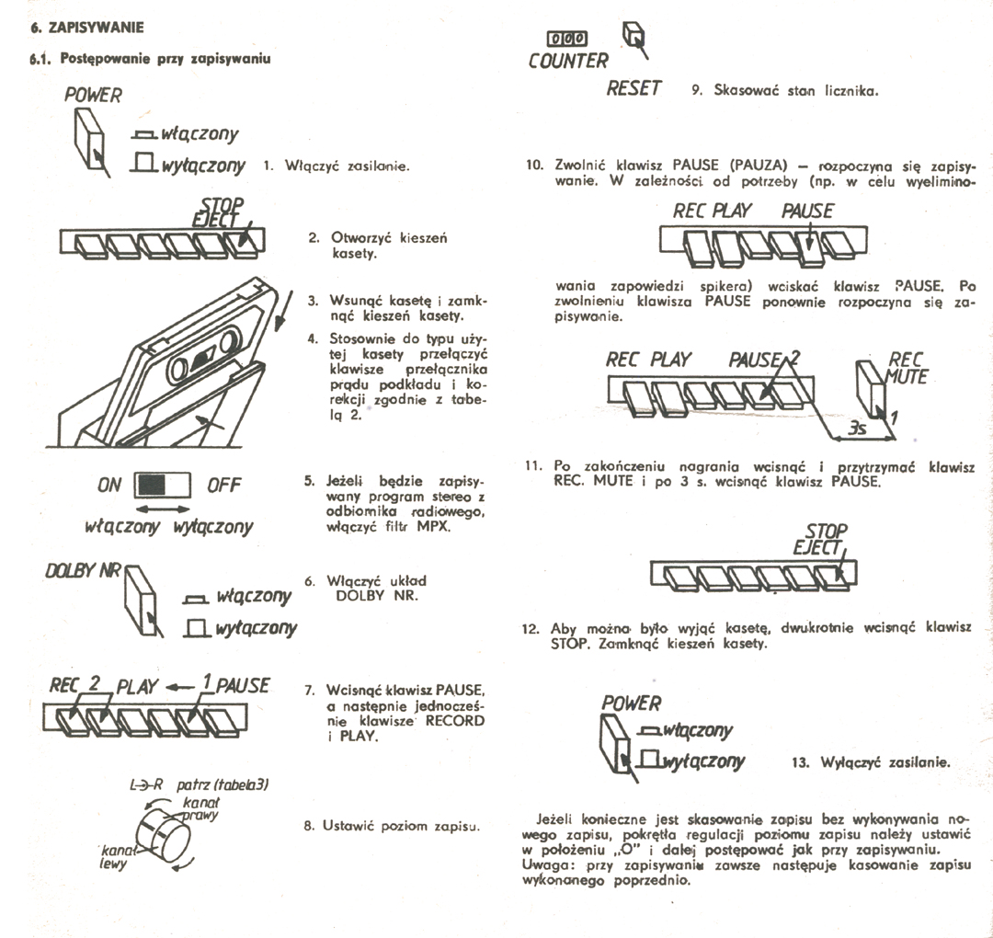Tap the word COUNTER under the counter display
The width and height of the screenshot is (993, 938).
coord(568,61)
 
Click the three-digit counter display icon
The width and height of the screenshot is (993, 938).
coord(567,39)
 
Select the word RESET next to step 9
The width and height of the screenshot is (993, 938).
coord(633,88)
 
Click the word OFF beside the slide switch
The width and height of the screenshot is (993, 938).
coord(223,485)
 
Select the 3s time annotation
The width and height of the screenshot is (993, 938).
coord(858,428)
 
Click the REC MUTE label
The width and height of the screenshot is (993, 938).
coord(907,368)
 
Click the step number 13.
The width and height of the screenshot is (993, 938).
coord(800,762)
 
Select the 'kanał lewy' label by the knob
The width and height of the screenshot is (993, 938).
coord(114,857)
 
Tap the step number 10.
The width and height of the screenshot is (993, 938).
coord(534,165)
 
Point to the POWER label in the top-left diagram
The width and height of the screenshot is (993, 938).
coord(93,95)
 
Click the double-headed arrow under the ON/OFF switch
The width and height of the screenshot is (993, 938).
coord(164,508)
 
